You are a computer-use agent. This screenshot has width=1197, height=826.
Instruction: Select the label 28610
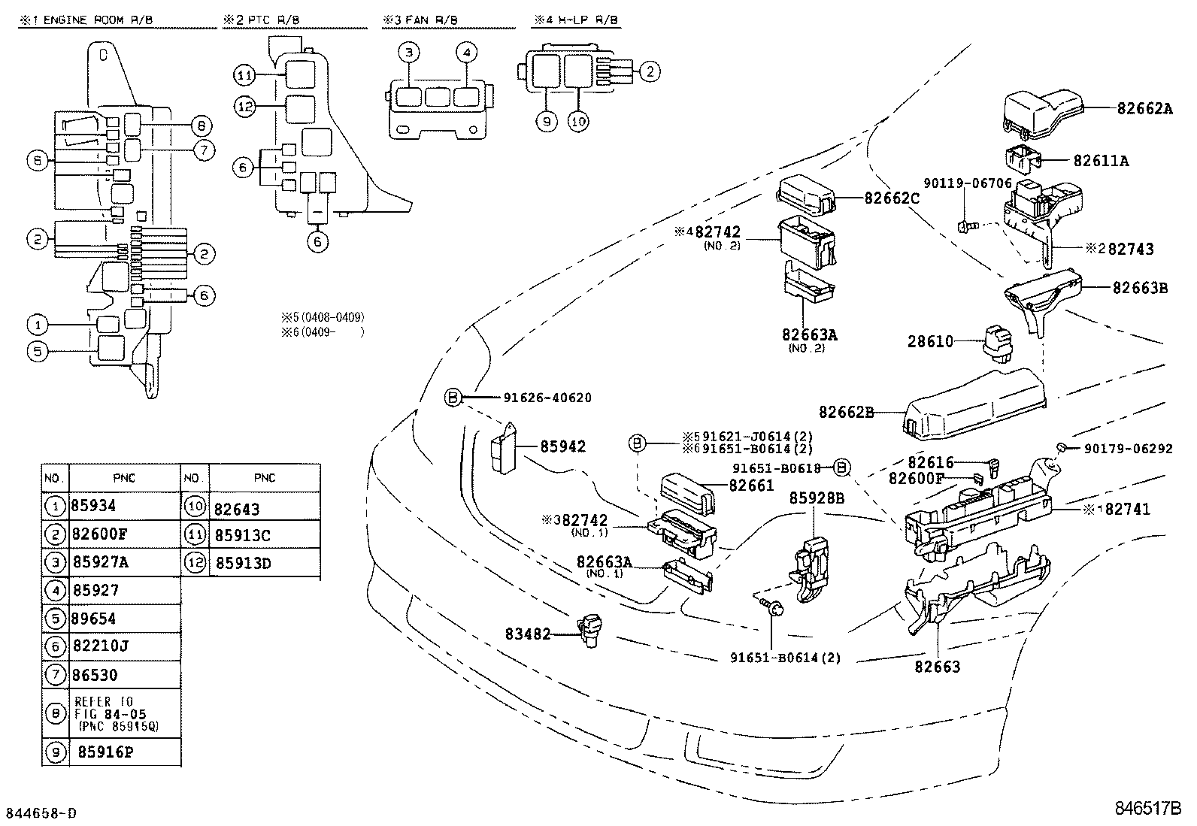click(930, 341)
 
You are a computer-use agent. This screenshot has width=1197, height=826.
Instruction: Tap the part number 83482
click(527, 634)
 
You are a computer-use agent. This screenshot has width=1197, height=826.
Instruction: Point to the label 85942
click(563, 446)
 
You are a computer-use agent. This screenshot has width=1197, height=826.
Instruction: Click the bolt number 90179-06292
click(1128, 449)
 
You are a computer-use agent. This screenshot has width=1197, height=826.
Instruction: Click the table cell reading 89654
click(95, 619)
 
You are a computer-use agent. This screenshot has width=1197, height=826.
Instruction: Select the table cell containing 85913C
click(242, 535)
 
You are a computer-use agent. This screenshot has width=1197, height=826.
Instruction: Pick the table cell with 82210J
click(100, 646)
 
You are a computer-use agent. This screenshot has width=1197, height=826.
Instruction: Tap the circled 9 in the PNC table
click(55, 752)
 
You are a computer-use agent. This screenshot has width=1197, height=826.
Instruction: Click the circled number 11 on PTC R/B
click(244, 75)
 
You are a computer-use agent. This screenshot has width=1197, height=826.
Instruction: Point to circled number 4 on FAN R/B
click(466, 52)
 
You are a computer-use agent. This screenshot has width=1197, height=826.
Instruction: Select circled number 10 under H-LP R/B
click(577, 120)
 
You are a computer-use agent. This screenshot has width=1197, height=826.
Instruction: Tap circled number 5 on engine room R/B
click(37, 351)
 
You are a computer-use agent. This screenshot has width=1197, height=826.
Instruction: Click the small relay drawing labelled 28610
click(994, 343)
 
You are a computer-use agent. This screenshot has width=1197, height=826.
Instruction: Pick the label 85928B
click(817, 498)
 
